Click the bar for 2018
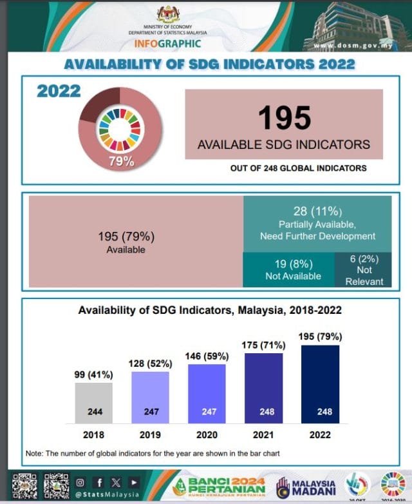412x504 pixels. pyautogui.click(x=94, y=403)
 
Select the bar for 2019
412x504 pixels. pyautogui.click(x=151, y=398)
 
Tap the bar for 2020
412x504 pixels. pyautogui.click(x=207, y=393)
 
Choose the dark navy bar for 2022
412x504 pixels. pyautogui.click(x=320, y=384)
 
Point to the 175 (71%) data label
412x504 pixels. pyautogui.click(x=263, y=345)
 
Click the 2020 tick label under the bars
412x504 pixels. pyautogui.click(x=207, y=435)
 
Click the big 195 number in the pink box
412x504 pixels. pyautogui.click(x=284, y=119)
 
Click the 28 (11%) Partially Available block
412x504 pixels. pyautogui.click(x=317, y=224)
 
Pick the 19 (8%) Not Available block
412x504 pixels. pyautogui.click(x=289, y=270)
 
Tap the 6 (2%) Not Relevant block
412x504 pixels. pyautogui.click(x=364, y=270)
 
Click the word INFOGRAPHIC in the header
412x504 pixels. pyautogui.click(x=167, y=44)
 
